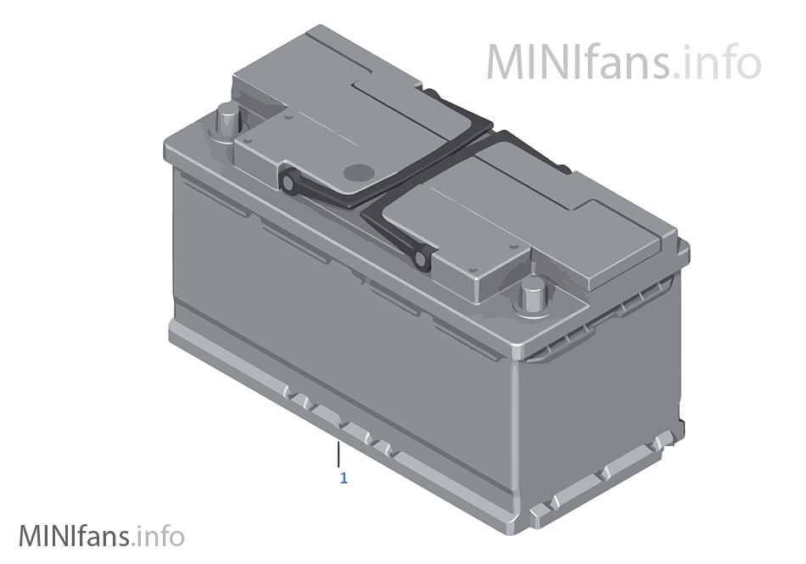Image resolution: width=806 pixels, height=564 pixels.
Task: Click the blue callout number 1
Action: (x=344, y=478)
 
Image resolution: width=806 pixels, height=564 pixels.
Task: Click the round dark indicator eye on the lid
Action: (x=357, y=172)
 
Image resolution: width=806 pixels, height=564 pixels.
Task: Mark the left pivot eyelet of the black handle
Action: (x=289, y=183)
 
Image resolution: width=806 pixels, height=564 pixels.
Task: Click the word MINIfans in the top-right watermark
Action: (x=580, y=62)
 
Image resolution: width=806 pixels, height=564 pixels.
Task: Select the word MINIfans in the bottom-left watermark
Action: (x=73, y=536)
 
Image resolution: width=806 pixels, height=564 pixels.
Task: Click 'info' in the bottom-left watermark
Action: (x=160, y=536)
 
